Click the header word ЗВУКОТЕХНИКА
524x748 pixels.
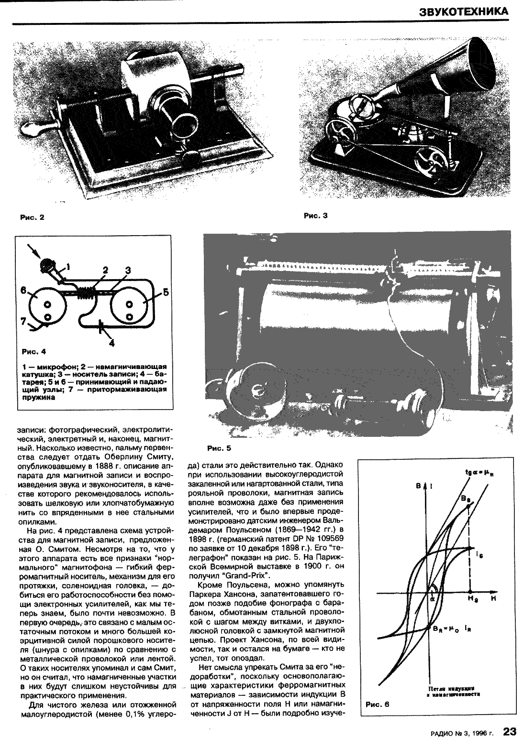point(464,11)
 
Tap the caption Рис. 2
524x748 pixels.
point(32,217)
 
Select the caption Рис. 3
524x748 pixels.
point(315,216)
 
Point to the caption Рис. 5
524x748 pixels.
point(219,448)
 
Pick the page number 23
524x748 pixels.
point(510,732)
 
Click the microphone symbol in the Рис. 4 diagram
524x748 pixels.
point(46,264)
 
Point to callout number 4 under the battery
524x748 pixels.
point(111,342)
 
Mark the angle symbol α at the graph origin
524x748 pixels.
point(432,597)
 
